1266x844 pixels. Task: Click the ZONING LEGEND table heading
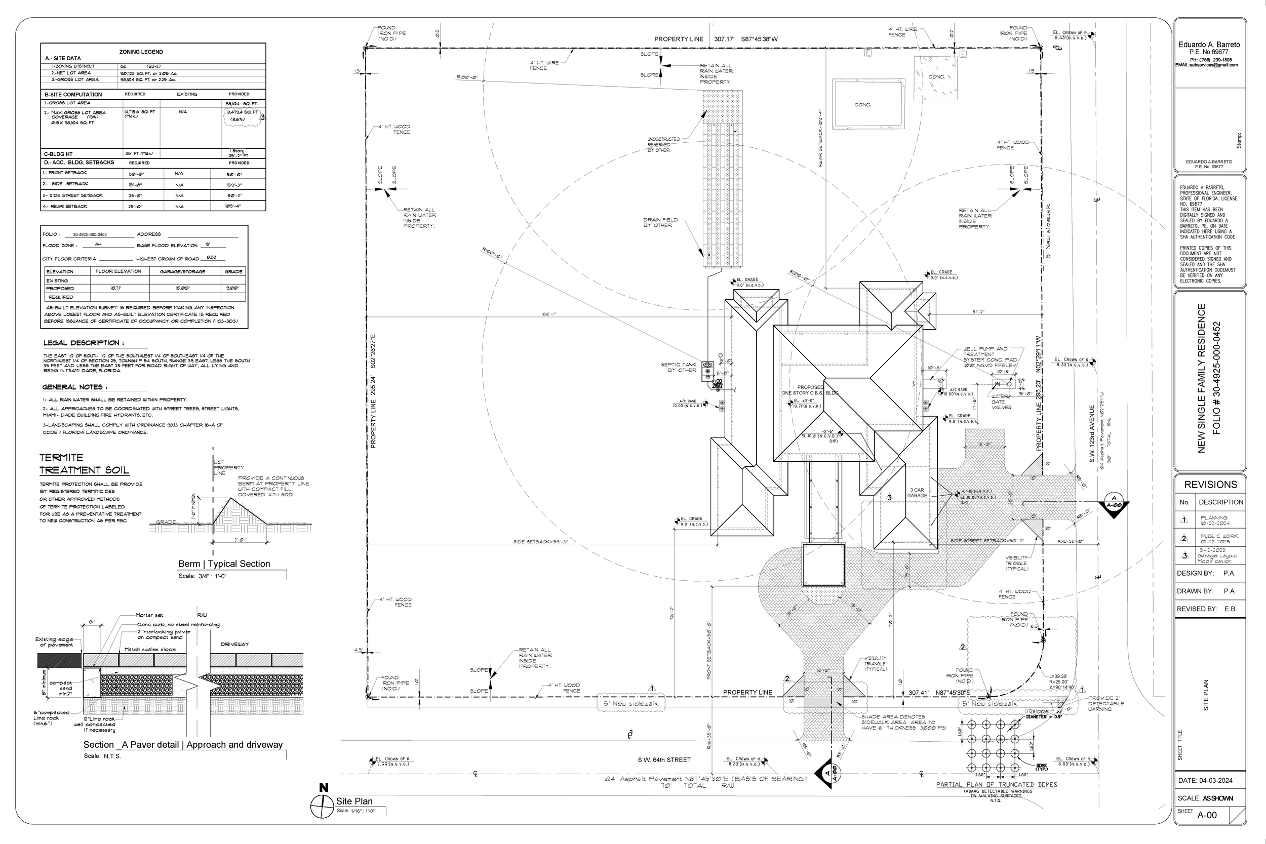141,52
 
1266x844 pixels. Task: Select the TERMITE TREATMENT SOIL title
84,464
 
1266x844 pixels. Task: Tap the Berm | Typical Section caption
224,564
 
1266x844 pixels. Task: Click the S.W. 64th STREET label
664,760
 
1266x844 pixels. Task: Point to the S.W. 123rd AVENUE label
1092,434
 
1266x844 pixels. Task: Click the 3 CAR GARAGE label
917,493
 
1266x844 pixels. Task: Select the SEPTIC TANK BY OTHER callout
678,367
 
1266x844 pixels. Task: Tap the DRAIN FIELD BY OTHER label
660,222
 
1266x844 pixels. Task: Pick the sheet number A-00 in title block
1207,815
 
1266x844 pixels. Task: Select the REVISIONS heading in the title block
1211,485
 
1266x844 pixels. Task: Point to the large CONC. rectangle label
862,105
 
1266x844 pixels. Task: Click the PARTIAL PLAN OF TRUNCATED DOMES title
996,785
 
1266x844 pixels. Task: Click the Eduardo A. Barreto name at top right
1209,45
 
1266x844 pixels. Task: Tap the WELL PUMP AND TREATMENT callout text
985,351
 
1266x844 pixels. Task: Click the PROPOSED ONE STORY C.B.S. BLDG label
810,390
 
